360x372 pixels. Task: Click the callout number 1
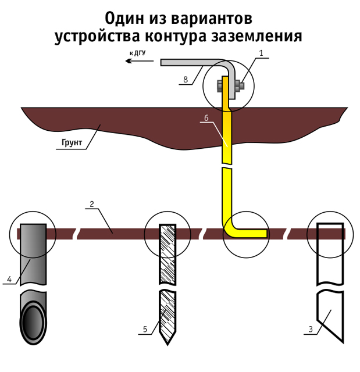tap(261, 53)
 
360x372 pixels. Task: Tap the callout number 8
tap(186, 80)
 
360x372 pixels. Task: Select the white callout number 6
tap(206, 117)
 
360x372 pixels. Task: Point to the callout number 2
tap(92, 204)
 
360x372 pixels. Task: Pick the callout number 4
tap(9, 279)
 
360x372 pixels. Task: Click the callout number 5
tap(145, 329)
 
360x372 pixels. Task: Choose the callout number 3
tap(311, 329)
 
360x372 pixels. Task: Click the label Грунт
tap(72, 142)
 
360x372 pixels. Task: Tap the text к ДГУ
tap(138, 53)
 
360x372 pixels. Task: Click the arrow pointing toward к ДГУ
tap(140, 61)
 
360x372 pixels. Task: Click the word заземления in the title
tap(256, 36)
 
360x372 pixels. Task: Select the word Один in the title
tap(124, 19)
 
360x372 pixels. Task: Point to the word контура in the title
tap(176, 36)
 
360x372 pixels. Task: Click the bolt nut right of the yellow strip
tap(239, 86)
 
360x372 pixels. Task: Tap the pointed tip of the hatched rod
tap(167, 344)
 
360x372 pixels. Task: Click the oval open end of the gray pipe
tap(33, 323)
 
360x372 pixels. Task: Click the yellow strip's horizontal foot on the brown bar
tap(252, 233)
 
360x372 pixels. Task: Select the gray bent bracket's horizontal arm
tap(193, 62)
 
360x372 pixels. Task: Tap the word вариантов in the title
tap(212, 19)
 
